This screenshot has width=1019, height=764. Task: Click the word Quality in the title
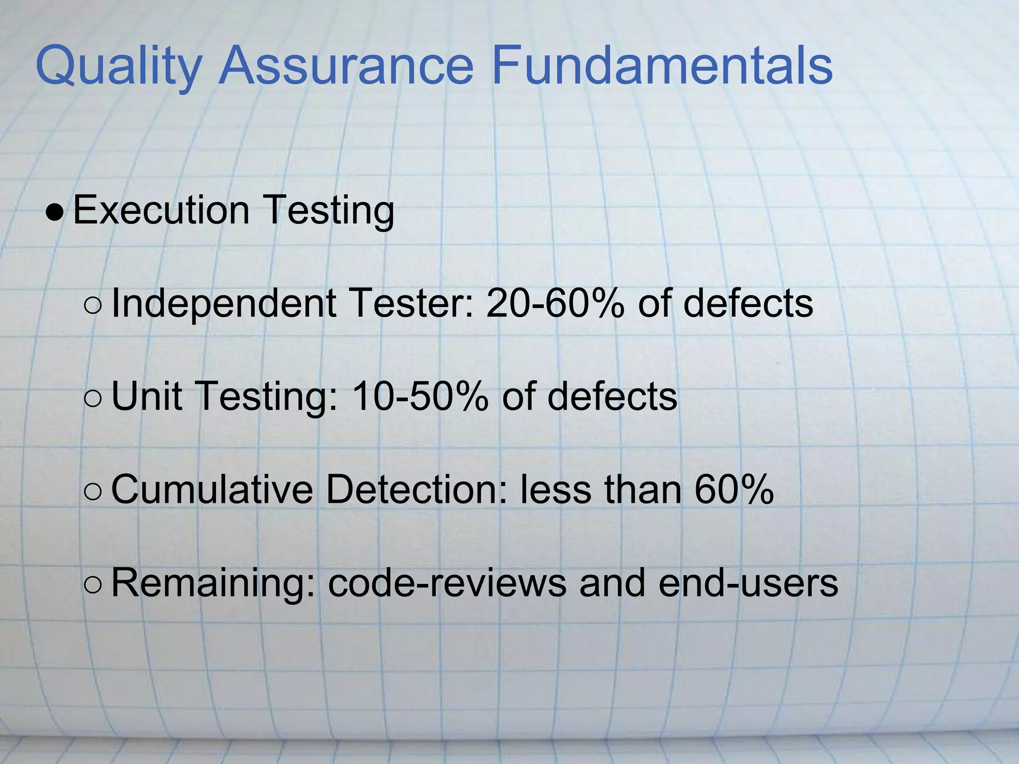118,67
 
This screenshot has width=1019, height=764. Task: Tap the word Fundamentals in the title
662,66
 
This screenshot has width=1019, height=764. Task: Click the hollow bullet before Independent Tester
93,305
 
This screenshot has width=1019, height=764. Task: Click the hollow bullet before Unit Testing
93,398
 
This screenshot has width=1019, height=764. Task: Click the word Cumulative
212,490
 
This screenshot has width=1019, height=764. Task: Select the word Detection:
416,490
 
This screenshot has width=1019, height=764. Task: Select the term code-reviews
447,583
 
